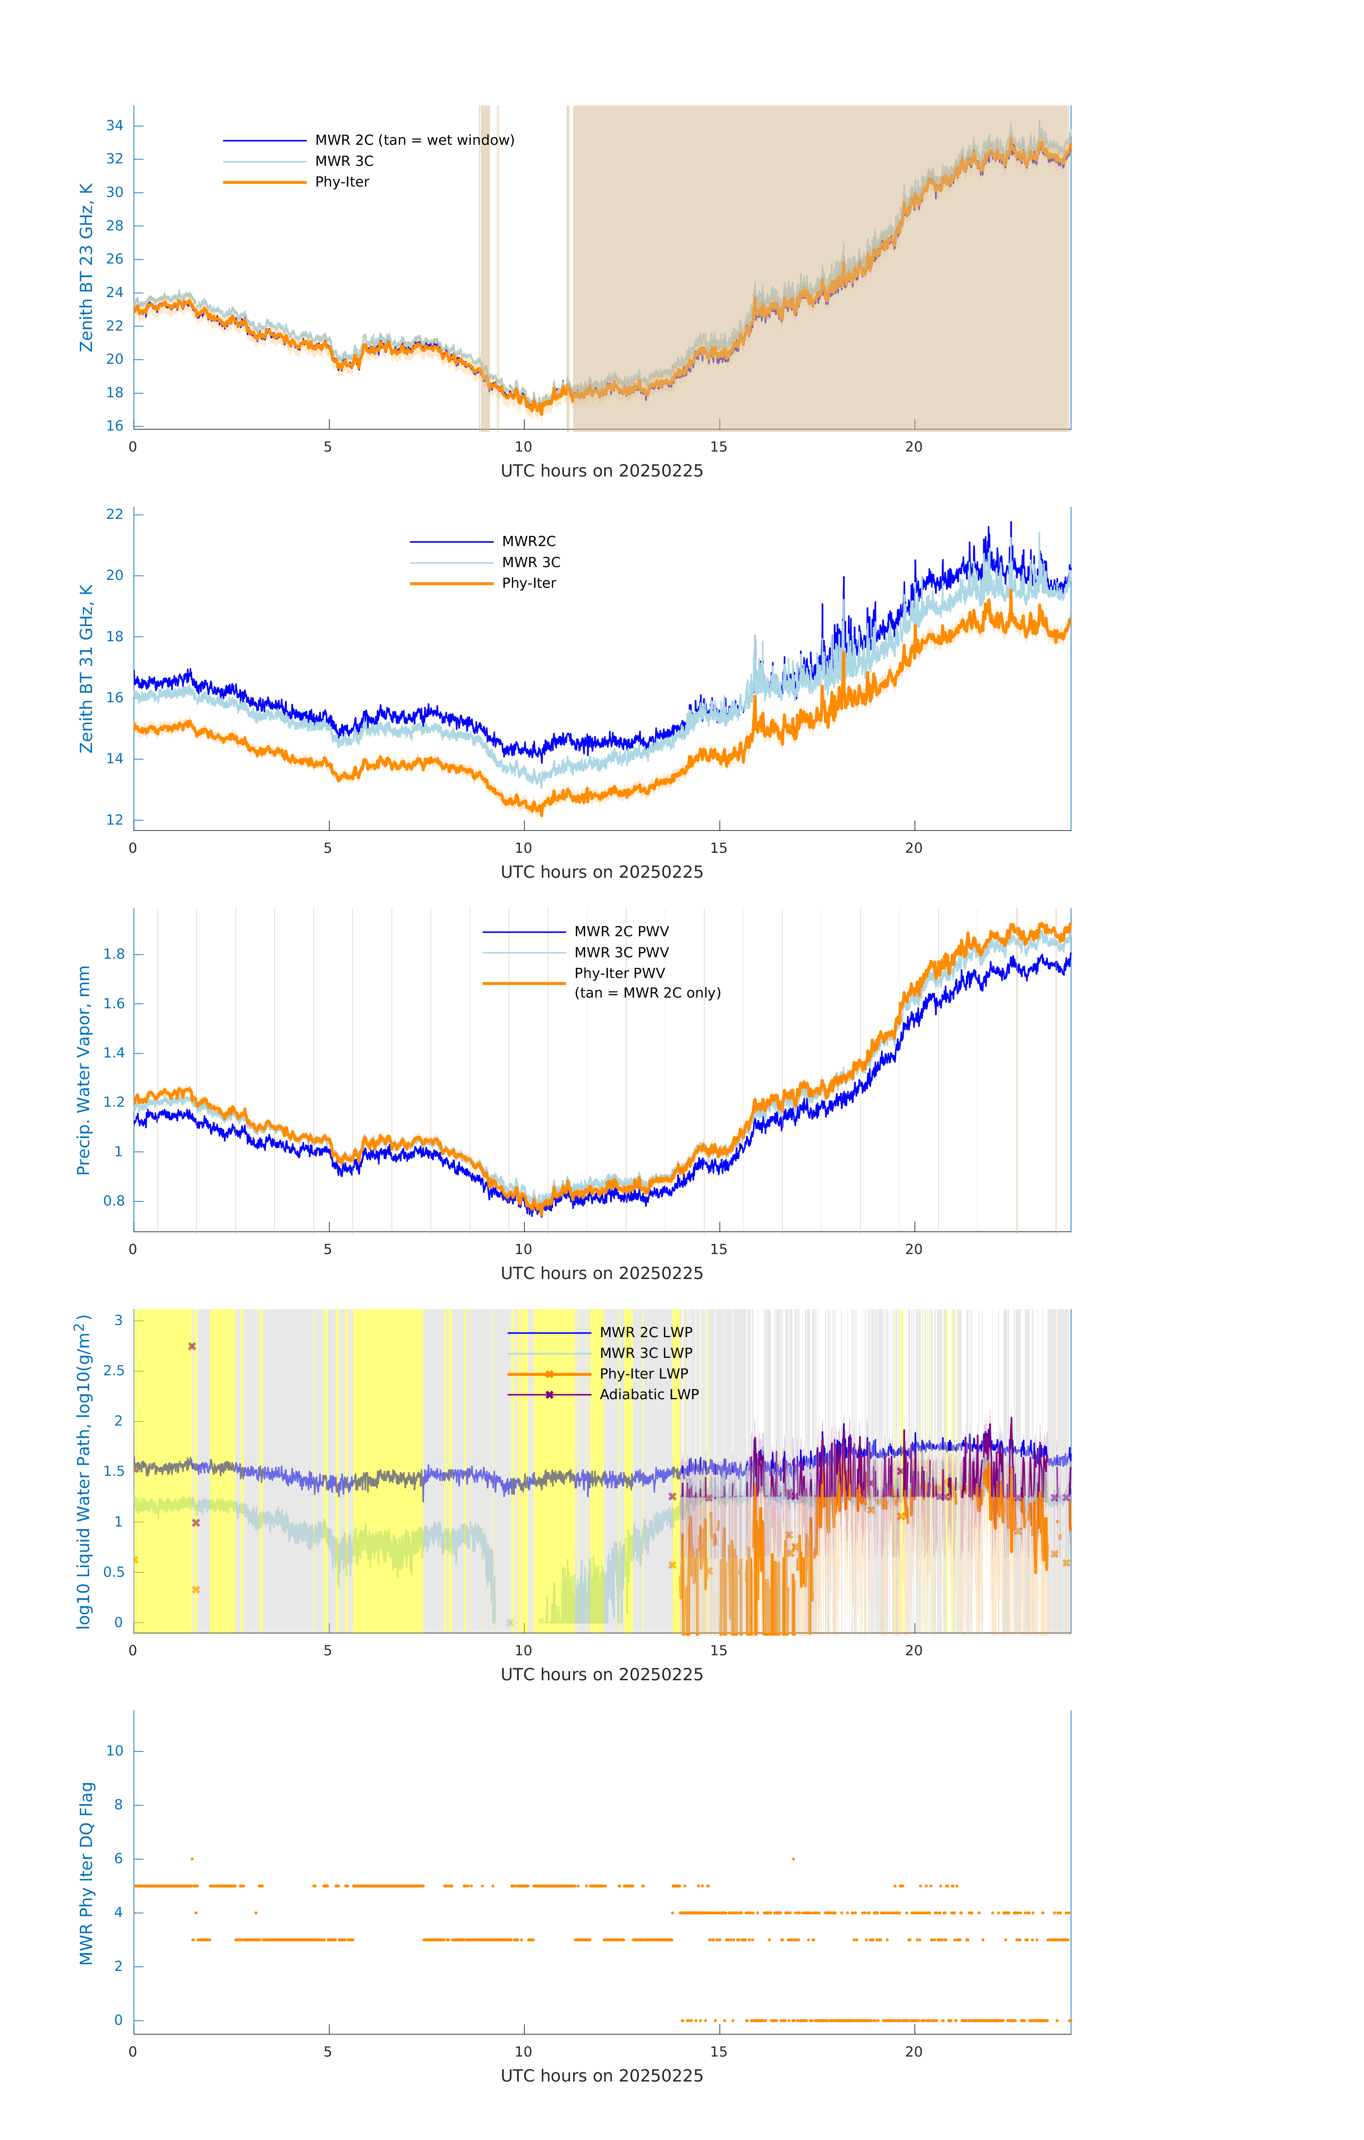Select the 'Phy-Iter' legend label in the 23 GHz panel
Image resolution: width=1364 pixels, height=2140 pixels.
click(342, 182)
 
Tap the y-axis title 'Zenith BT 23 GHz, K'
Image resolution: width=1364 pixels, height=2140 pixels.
click(86, 267)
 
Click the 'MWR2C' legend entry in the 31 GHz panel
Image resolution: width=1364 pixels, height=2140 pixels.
click(529, 541)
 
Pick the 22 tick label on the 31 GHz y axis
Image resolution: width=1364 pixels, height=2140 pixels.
click(114, 515)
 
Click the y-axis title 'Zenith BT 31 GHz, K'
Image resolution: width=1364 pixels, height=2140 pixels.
click(86, 669)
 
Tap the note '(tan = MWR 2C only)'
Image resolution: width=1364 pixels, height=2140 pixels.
click(647, 993)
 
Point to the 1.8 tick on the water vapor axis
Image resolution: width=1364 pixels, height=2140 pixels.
click(114, 954)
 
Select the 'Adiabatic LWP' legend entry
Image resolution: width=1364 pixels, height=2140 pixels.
click(649, 1394)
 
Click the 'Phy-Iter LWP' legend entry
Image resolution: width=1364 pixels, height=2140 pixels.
click(643, 1374)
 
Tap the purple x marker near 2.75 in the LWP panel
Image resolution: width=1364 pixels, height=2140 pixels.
click(192, 1346)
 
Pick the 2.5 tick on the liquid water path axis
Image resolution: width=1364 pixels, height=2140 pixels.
click(114, 1371)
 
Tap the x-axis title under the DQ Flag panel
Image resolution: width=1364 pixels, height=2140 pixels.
click(602, 2076)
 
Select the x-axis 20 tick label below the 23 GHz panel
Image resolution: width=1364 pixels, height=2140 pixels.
click(914, 447)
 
